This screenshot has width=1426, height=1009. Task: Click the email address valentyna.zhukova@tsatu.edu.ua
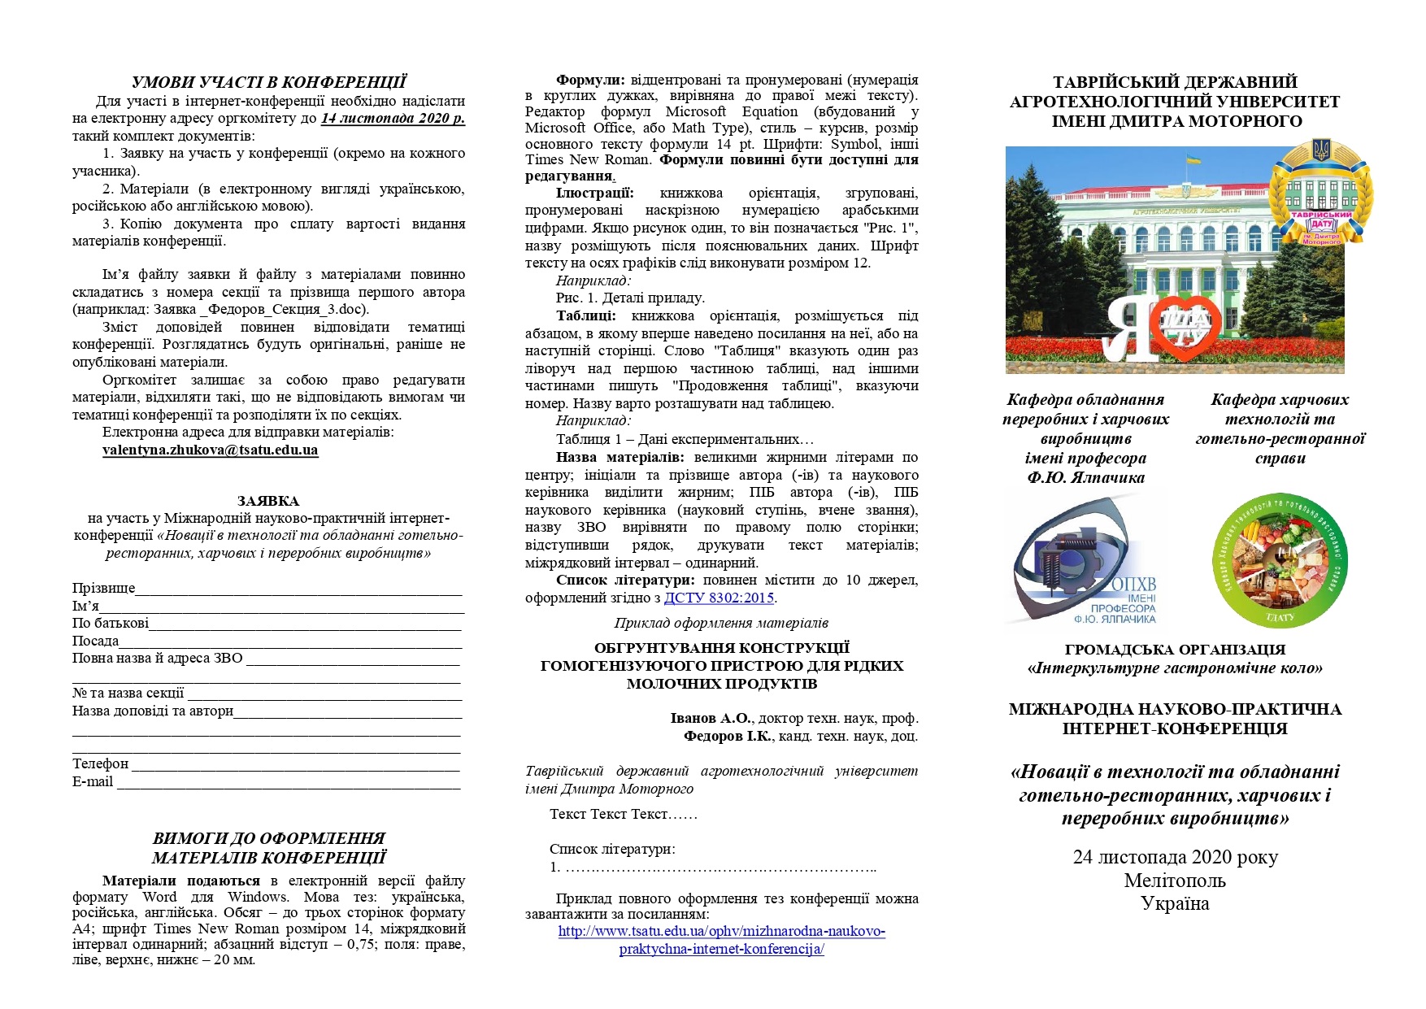click(x=210, y=450)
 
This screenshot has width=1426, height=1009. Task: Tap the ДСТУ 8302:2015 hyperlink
click(x=719, y=598)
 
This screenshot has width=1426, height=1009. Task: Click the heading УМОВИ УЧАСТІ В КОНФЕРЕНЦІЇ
click(x=268, y=82)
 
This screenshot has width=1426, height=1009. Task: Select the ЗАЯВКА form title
click(x=268, y=501)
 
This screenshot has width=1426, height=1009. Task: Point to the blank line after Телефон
click(x=295, y=766)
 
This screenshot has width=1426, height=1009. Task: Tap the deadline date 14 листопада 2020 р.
click(x=393, y=118)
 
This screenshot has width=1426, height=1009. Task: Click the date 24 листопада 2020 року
click(x=1175, y=857)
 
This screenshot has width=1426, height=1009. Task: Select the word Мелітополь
click(x=1175, y=881)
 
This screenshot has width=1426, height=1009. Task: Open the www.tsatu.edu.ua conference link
click(x=721, y=940)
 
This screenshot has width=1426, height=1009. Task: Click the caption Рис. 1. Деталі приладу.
click(x=630, y=298)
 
